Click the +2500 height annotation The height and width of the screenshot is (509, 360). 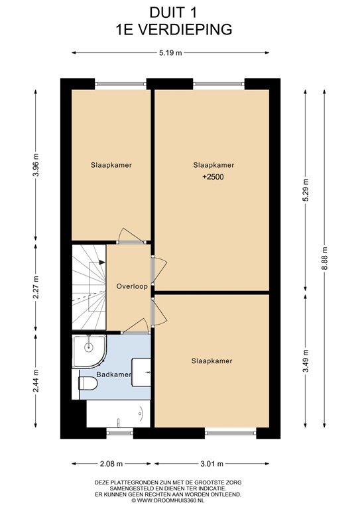(x=213, y=177)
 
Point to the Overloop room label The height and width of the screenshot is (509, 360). (x=131, y=287)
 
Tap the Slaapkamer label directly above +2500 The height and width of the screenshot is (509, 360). (x=213, y=164)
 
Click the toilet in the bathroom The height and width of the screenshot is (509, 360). (x=86, y=382)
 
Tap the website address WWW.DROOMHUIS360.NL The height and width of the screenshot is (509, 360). (x=180, y=501)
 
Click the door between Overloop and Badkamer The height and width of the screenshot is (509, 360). (x=135, y=326)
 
